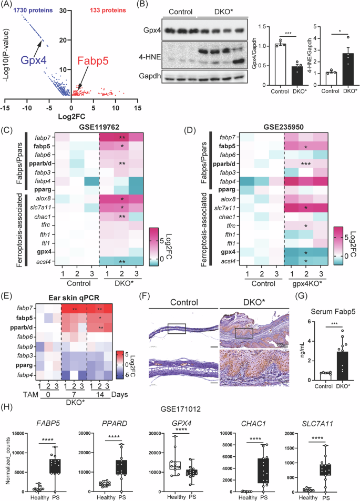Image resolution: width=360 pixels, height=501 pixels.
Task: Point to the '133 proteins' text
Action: pyautogui.click(x=109, y=11)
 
